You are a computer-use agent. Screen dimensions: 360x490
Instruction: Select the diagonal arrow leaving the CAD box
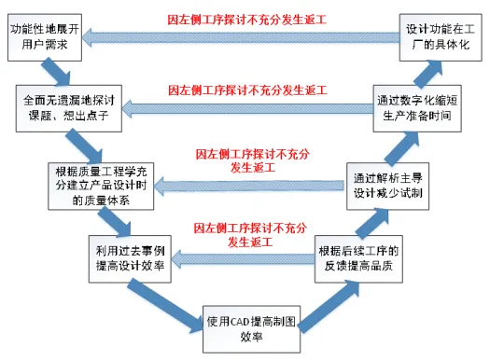pyautogui.click(x=313, y=299)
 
